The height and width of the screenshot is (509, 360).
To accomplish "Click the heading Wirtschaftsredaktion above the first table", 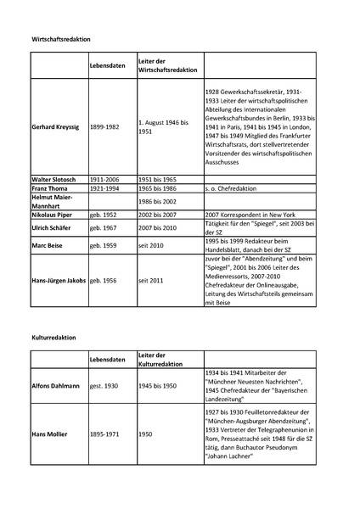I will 61,40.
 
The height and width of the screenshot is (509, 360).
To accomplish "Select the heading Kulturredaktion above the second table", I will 53,337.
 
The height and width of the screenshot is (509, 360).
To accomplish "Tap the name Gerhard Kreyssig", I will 57,126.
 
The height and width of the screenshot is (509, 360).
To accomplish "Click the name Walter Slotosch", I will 54,181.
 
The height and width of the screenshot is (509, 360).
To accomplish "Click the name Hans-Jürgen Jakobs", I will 59,279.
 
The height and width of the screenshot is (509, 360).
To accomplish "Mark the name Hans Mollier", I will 50,433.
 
